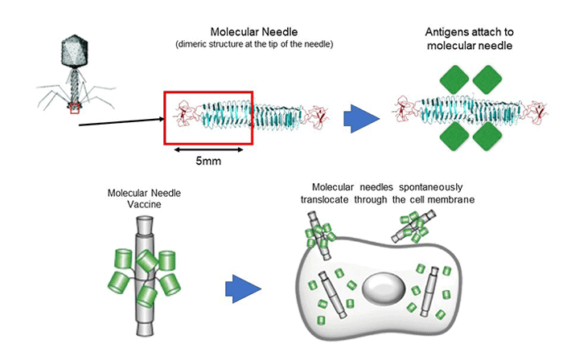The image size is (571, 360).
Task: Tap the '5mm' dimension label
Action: point(208,161)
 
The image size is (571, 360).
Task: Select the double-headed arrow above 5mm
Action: point(209,149)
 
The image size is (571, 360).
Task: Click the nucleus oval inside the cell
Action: point(383,288)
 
